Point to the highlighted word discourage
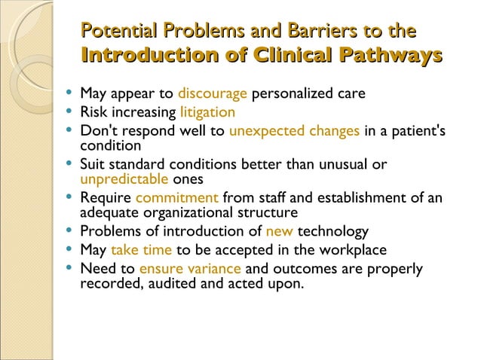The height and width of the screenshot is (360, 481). click(x=213, y=94)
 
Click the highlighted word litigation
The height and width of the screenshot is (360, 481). click(x=207, y=113)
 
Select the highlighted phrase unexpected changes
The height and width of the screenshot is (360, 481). click(x=294, y=131)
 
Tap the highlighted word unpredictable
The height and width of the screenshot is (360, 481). click(x=124, y=179)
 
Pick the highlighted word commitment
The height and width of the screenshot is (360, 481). click(x=177, y=198)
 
